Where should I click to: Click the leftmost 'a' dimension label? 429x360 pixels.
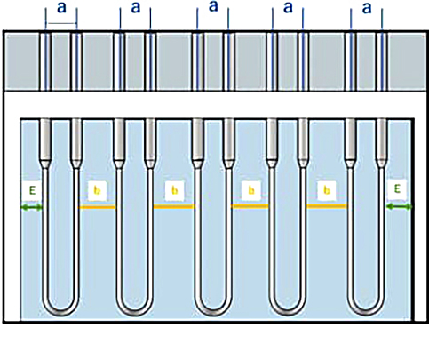coord(61,8)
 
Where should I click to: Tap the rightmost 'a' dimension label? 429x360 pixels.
coord(367,8)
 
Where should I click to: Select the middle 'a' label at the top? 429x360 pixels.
coord(213,6)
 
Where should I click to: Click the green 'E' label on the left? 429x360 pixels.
coord(32,190)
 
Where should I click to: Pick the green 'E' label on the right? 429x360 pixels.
coord(397,188)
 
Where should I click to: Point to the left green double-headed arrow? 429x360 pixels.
coord(31,208)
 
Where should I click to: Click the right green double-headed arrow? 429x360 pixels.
coord(399,207)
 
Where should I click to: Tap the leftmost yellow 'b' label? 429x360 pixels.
coord(98,191)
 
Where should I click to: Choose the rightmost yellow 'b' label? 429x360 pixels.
coord(327,190)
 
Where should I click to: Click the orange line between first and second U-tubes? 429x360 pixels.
coord(97,207)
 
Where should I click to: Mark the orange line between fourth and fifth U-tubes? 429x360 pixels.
coord(326,206)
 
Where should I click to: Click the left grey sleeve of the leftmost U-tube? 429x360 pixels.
coord(45,140)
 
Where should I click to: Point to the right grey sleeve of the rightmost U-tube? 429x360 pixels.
coord(382,140)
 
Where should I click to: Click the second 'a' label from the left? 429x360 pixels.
coord(136,8)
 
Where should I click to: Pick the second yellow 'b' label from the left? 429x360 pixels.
coord(175,190)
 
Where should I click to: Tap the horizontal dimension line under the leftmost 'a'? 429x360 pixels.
coord(61,24)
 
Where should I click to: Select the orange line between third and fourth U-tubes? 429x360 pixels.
coord(250,206)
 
